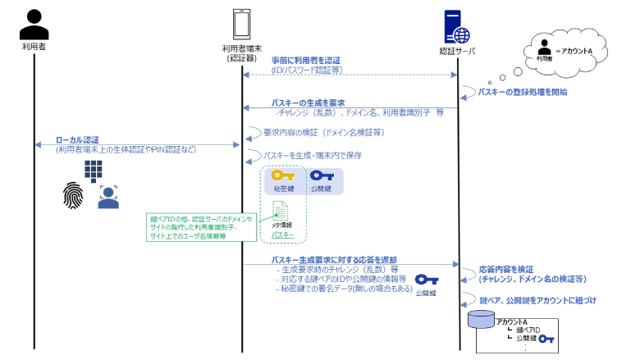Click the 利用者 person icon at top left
(x=34, y=24)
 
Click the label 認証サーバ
(x=457, y=50)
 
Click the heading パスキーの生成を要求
(x=303, y=103)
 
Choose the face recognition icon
(x=108, y=197)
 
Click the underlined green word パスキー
(x=282, y=235)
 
